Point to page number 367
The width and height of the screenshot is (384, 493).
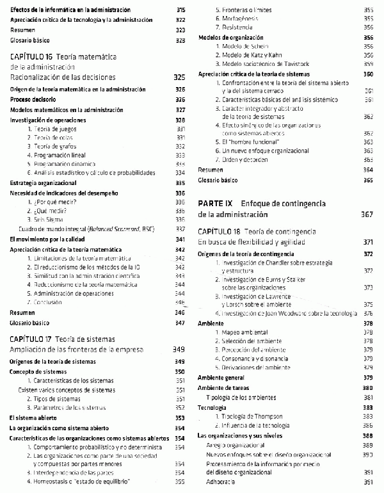click(x=367, y=214)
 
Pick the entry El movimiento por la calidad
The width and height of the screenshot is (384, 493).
click(x=49, y=239)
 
